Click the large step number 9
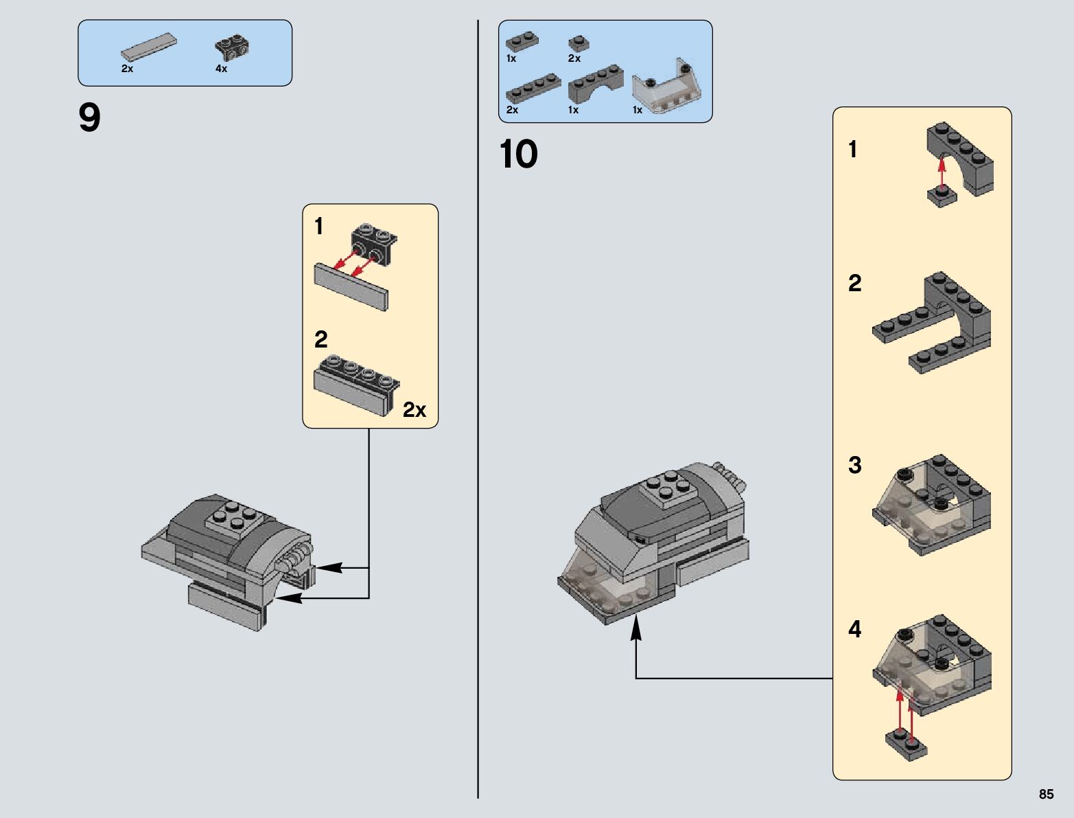89,117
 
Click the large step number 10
519,154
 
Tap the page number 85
1046,794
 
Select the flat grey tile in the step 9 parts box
149,47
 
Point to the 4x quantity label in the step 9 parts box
221,69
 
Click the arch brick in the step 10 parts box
596,84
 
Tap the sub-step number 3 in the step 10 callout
855,465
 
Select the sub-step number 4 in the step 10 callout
855,629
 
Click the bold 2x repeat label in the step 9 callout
415,410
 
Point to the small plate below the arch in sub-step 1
942,196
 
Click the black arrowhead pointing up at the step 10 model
635,627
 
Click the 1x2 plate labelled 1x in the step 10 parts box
522,42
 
